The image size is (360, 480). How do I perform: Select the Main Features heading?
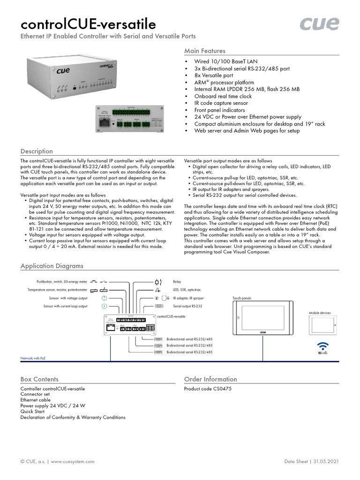204,51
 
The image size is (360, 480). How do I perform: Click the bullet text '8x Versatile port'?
214,75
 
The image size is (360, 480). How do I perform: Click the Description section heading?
37,151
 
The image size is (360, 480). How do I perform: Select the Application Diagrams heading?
52,266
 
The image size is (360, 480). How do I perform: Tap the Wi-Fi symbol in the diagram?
322,347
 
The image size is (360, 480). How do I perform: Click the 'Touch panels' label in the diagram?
242,298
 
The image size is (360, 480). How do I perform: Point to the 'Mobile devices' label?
320,313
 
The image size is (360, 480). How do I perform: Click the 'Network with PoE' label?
33,358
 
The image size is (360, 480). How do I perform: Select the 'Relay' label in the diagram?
177,282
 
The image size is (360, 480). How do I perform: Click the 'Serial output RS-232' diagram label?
187,306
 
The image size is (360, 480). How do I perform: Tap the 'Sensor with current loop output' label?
65,306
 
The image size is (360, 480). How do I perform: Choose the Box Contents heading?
39,379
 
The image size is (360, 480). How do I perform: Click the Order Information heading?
210,379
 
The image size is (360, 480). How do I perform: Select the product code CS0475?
208,389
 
